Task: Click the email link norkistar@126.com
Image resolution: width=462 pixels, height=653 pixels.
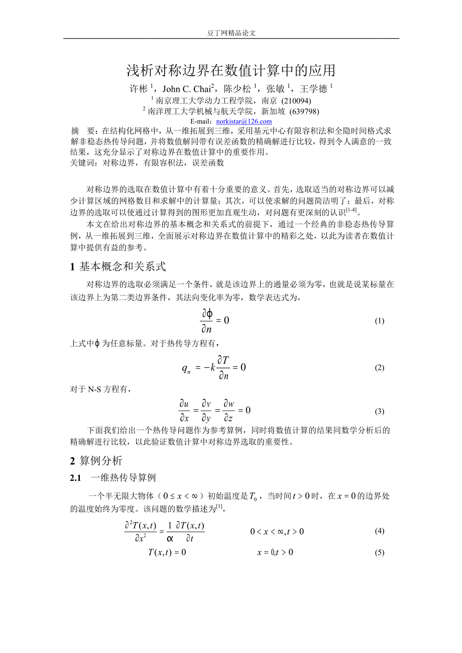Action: (244, 121)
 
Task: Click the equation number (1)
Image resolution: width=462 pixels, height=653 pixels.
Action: (380, 321)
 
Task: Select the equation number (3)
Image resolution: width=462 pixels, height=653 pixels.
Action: (380, 411)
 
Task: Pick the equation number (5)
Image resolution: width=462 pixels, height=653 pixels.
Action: (380, 553)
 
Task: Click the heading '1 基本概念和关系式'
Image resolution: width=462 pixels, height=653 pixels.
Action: (118, 266)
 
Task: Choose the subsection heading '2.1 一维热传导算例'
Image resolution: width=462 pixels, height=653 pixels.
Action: (113, 478)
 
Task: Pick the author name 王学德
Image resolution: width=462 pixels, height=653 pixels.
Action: (314, 89)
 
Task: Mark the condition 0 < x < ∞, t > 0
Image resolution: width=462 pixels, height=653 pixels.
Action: (277, 531)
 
